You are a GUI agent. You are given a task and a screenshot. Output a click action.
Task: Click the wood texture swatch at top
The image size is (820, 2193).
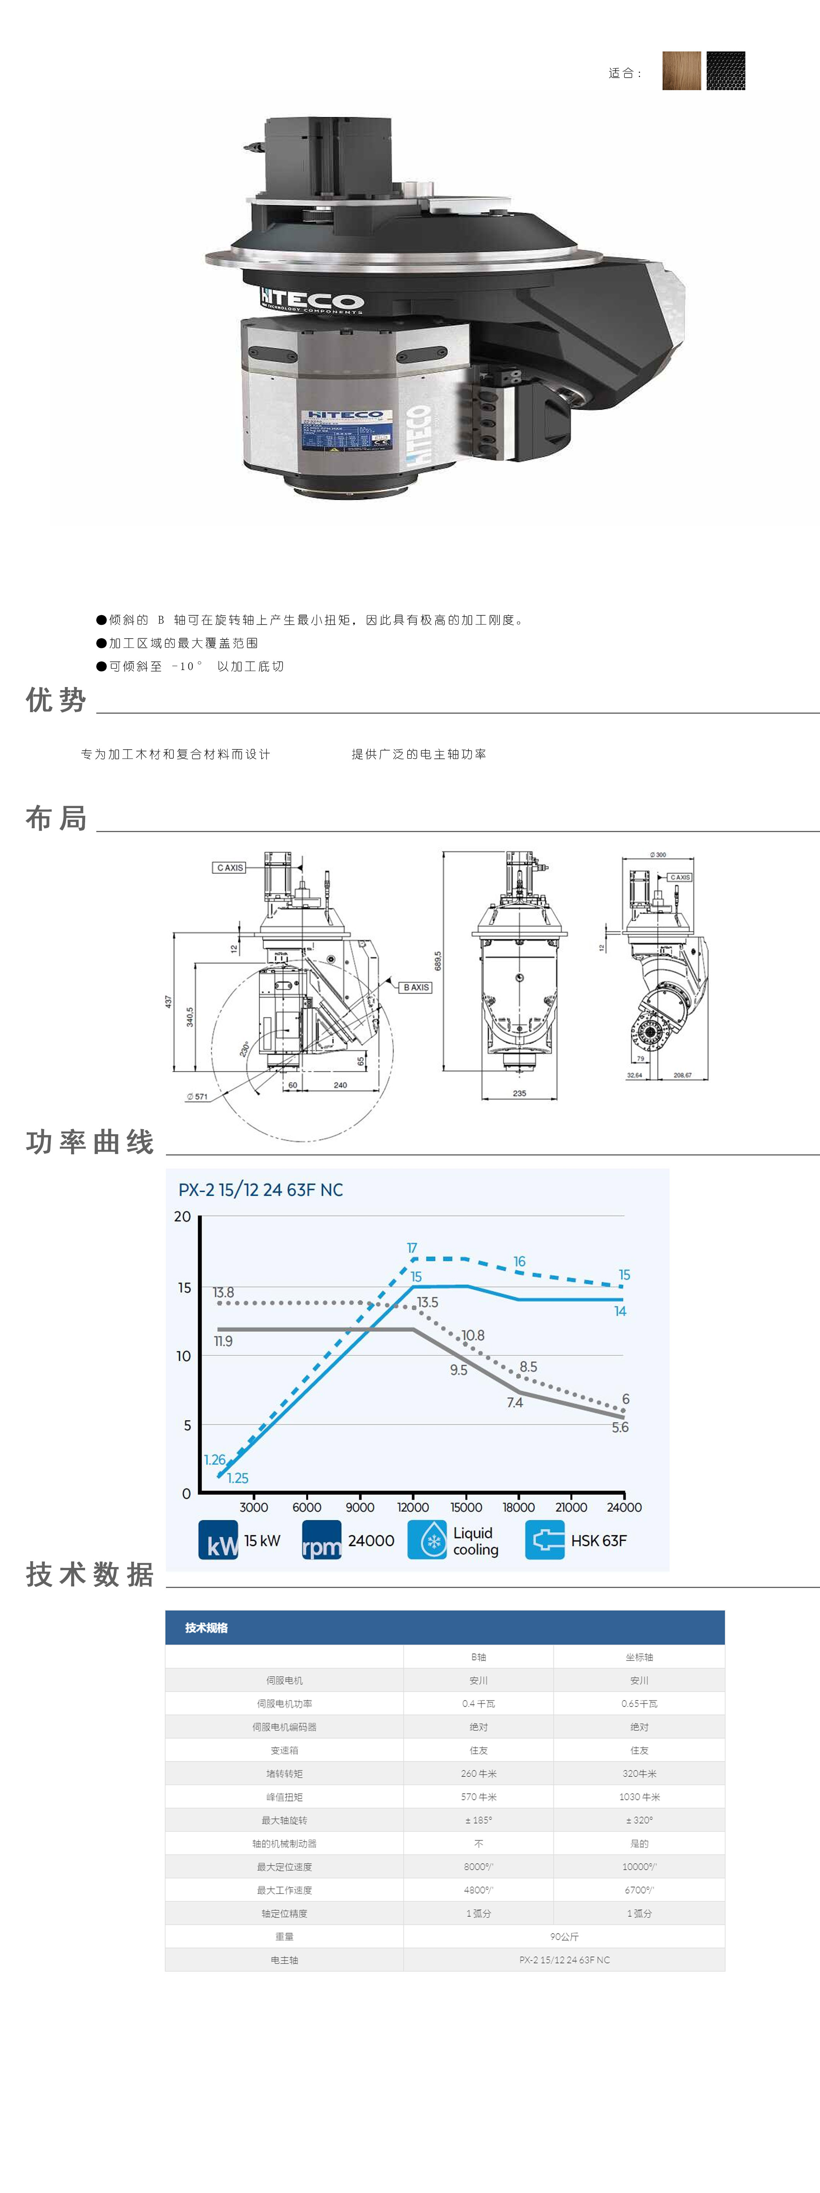click(x=681, y=71)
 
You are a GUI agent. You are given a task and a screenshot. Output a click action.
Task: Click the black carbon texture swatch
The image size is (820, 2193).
click(x=726, y=71)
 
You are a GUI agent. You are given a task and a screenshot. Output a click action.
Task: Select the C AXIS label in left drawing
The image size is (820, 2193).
click(x=229, y=868)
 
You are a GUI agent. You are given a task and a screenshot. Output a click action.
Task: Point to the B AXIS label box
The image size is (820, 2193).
click(x=417, y=988)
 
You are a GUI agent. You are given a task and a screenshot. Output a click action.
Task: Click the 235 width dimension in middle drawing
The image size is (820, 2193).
click(x=519, y=1093)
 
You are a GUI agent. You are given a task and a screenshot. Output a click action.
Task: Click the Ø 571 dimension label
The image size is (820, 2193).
click(x=198, y=1096)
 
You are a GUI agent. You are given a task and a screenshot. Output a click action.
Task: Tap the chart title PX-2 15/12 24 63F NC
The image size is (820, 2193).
click(x=261, y=1190)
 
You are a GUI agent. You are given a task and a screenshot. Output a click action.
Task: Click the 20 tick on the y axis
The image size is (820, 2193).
click(x=182, y=1217)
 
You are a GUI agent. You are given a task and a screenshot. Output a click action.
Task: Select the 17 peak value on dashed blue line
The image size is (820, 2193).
click(x=412, y=1248)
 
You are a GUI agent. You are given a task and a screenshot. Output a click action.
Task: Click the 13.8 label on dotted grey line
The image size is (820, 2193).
click(x=223, y=1292)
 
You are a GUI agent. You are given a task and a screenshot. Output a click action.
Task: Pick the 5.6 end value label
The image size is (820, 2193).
click(x=620, y=1428)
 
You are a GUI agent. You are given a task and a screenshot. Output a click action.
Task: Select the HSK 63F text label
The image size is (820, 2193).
click(x=599, y=1541)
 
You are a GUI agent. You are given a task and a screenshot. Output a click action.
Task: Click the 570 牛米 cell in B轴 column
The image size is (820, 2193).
click(x=478, y=1797)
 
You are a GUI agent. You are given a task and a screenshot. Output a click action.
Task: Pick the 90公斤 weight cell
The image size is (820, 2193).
click(x=564, y=1937)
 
